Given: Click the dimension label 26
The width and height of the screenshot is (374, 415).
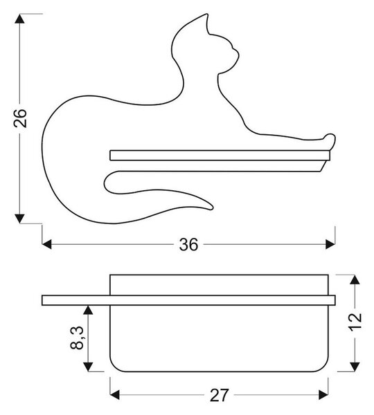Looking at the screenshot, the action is pyautogui.click(x=20, y=118).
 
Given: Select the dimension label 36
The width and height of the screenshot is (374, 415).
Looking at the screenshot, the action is pyautogui.click(x=188, y=245).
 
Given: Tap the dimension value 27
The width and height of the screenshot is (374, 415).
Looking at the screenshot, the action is pyautogui.click(x=219, y=395).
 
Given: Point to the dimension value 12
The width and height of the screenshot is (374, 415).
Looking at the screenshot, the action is pyautogui.click(x=355, y=322).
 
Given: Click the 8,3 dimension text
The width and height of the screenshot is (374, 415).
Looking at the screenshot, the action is pyautogui.click(x=77, y=338).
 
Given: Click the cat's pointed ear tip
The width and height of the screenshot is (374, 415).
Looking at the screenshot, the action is pyautogui.click(x=206, y=15).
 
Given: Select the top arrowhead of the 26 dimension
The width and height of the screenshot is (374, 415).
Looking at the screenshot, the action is pyautogui.click(x=19, y=19).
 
